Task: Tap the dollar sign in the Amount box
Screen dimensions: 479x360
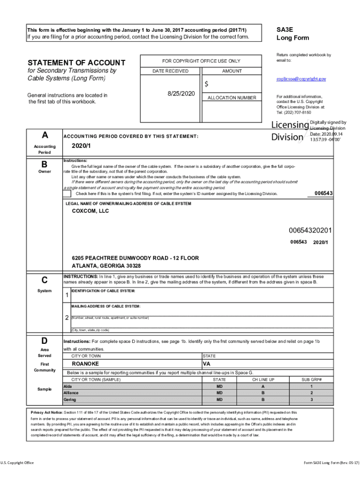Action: tap(206, 84)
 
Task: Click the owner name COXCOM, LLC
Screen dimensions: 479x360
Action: tap(90, 211)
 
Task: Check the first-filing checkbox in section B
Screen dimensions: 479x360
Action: tap(68, 193)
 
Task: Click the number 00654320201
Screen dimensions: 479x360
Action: tap(310, 230)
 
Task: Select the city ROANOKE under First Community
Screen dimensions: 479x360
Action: tap(85, 363)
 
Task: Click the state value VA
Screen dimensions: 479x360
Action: tap(207, 363)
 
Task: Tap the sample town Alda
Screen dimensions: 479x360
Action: tap(68, 386)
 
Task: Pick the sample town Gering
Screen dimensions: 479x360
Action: tap(70, 400)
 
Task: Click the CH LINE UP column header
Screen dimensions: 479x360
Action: tap(263, 379)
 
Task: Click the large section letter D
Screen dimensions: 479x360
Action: tap(44, 340)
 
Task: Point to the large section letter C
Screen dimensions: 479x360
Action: tap(44, 280)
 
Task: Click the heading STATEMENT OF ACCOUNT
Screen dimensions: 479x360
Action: tap(76, 63)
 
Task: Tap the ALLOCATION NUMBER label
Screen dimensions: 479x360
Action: tap(232, 98)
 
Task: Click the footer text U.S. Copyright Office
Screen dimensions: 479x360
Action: tap(17, 463)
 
